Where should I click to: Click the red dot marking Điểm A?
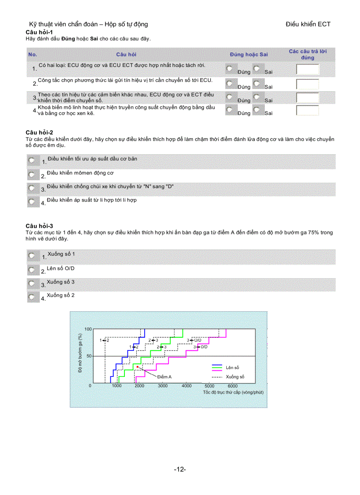point(138,367)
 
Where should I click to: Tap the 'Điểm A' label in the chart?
point(164,377)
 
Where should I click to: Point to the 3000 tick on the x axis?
point(163,386)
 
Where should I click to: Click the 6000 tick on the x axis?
point(232,386)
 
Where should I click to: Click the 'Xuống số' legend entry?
point(235,377)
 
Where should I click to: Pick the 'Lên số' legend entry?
point(232,367)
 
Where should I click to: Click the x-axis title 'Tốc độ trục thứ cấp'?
point(233,392)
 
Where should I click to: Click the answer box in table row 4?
point(307,110)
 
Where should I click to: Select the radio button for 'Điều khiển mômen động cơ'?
point(32,175)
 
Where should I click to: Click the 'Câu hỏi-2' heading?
point(39,132)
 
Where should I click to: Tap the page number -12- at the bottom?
point(180,469)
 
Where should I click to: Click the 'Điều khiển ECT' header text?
point(308,24)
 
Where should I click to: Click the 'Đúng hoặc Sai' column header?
point(248,54)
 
